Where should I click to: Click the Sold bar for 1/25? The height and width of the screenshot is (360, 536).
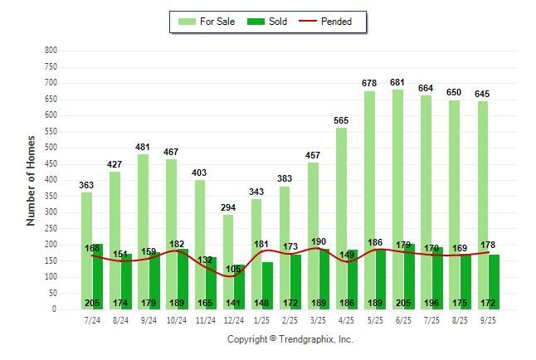coord(267,282)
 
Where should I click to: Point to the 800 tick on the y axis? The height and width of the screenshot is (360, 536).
coord(51,51)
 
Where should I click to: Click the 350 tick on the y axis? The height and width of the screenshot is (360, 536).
coord(51,197)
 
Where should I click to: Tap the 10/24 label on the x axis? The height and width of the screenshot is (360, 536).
coord(177,319)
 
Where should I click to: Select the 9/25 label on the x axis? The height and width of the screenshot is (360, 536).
coord(488,319)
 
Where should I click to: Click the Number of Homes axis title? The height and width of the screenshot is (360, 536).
coord(31,180)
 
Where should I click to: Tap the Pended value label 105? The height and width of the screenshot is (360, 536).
coord(233,270)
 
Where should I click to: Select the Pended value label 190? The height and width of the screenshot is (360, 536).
coord(319,241)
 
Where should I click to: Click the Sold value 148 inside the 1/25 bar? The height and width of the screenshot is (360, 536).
coord(261,303)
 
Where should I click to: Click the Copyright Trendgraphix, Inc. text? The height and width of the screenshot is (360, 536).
coord(290,339)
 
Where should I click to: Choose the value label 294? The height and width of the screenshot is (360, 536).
coord(228,208)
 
